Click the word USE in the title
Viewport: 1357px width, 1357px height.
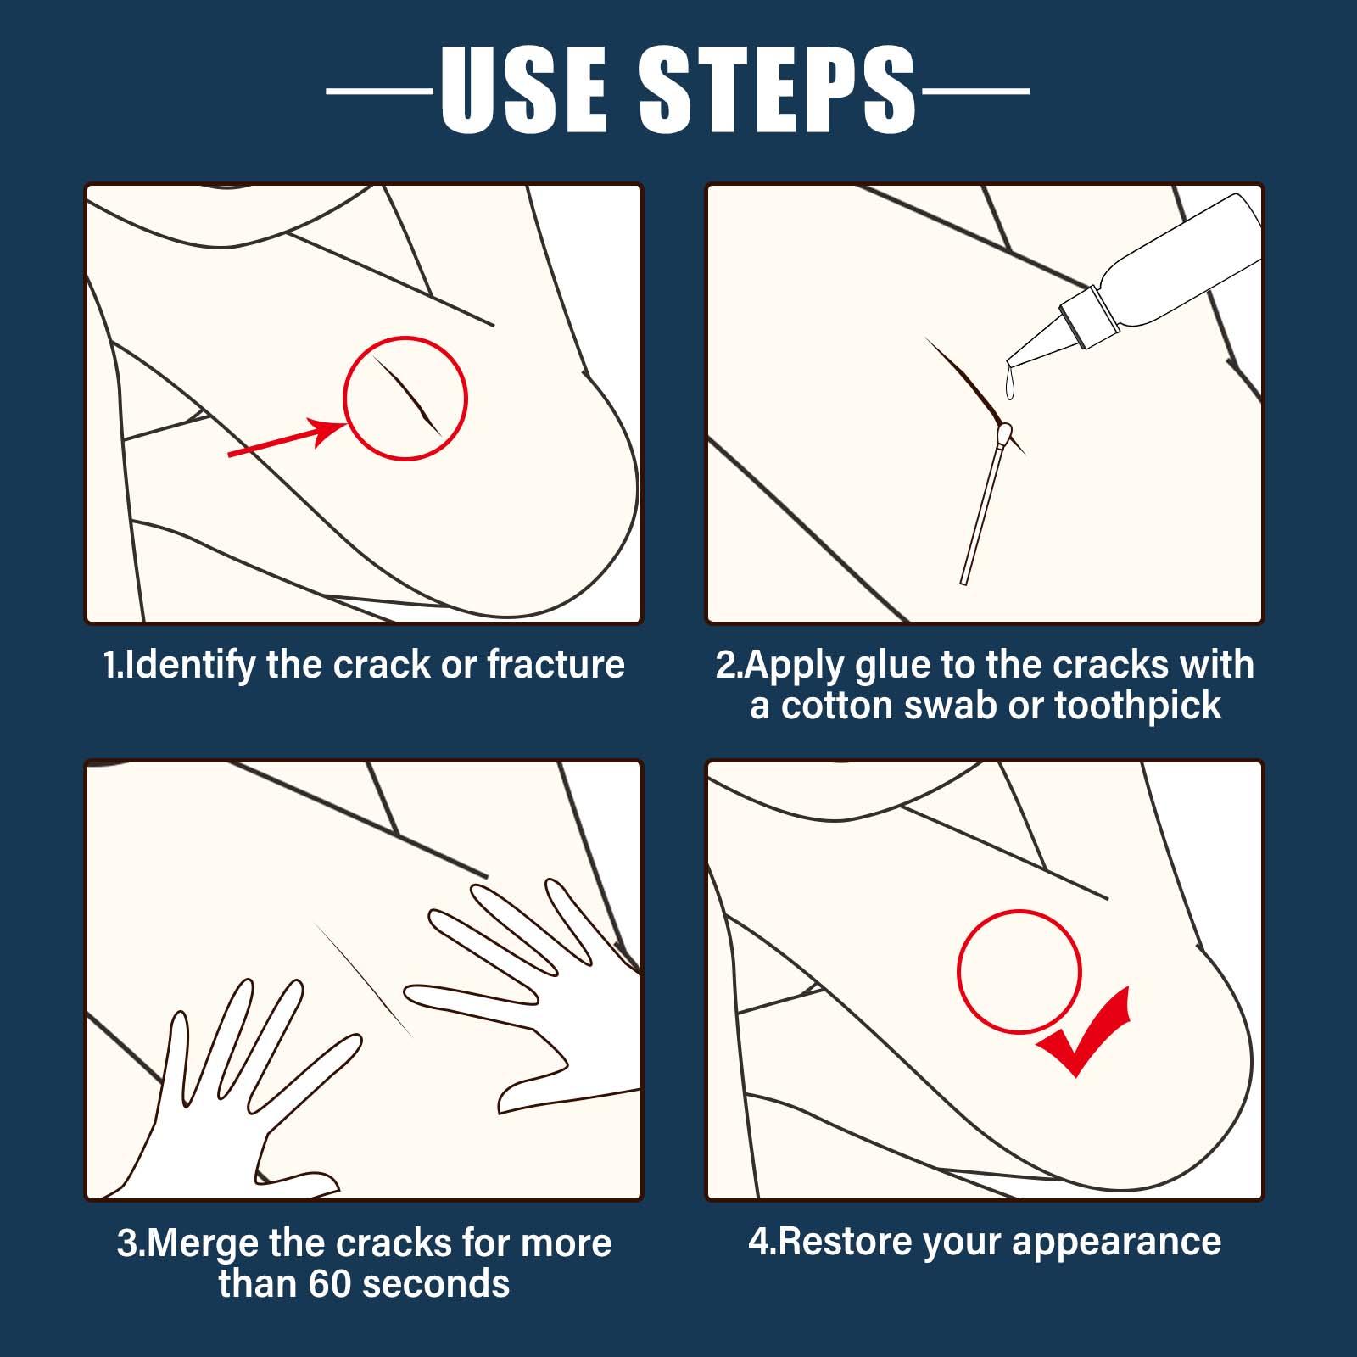523,90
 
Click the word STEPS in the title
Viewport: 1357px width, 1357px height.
778,90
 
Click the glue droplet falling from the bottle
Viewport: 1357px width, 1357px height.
1009,386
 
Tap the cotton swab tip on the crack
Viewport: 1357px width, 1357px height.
1005,435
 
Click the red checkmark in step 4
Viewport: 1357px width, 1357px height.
1083,1032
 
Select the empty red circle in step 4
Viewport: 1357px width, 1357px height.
958,972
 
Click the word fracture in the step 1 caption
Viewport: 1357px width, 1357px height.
556,665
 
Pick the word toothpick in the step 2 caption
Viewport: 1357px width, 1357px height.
1137,706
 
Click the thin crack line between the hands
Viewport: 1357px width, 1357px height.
364,980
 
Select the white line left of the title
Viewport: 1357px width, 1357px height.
380,89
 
